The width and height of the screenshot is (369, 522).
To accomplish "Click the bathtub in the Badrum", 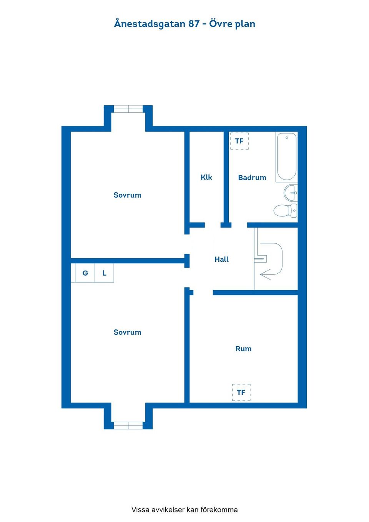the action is pyautogui.click(x=286, y=156).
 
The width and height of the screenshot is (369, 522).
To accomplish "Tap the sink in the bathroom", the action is pyautogui.click(x=291, y=193).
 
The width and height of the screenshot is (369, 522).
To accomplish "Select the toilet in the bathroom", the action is pyautogui.click(x=285, y=211).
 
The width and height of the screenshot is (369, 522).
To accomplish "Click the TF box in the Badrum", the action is pyautogui.click(x=239, y=141).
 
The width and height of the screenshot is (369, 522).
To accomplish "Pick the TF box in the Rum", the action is pyautogui.click(x=241, y=392).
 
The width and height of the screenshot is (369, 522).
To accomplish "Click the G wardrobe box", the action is pyautogui.click(x=85, y=273).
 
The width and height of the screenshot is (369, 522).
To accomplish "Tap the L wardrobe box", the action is pyautogui.click(x=105, y=273).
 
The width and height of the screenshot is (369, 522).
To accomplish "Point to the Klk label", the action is pyautogui.click(x=206, y=177).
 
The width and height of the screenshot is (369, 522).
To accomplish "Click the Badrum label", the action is pyautogui.click(x=252, y=178).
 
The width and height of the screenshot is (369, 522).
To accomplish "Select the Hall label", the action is pyautogui.click(x=221, y=259).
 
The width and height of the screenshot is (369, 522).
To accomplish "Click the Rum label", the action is pyautogui.click(x=243, y=349).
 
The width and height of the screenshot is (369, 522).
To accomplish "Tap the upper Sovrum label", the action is pyautogui.click(x=128, y=195).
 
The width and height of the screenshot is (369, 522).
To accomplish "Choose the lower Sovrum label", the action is pyautogui.click(x=128, y=332).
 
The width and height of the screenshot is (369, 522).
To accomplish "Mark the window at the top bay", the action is pyautogui.click(x=128, y=109).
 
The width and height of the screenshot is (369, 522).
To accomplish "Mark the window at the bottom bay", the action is pyautogui.click(x=128, y=426).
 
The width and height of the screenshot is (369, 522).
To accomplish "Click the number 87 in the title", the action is pyautogui.click(x=194, y=24).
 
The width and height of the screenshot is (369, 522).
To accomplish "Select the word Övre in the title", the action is pyautogui.click(x=220, y=23).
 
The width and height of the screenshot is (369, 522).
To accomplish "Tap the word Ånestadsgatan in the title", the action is pyautogui.click(x=150, y=24).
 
